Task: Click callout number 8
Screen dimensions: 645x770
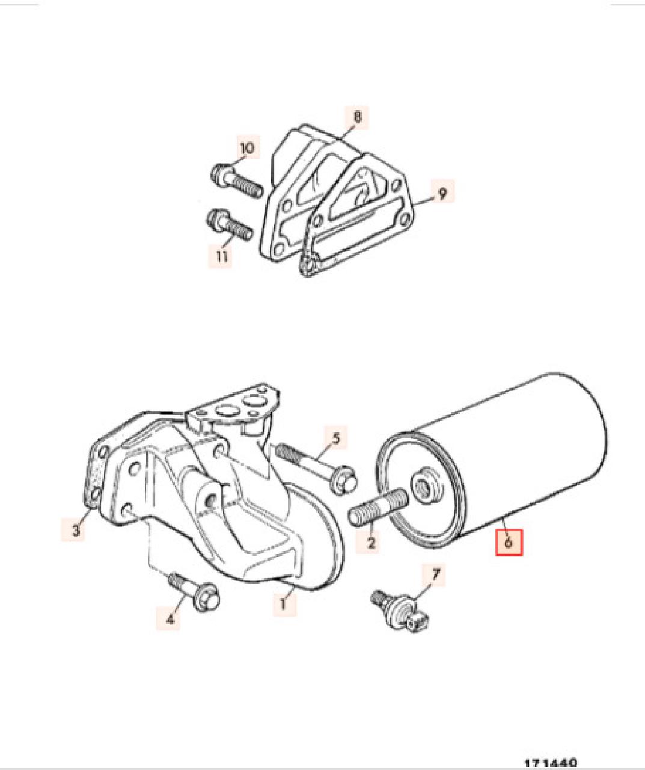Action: point(357,117)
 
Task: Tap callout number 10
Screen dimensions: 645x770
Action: point(246,148)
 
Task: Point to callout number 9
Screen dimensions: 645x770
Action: point(442,192)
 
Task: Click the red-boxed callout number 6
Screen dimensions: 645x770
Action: point(509,543)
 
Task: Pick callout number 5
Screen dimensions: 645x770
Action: point(336,438)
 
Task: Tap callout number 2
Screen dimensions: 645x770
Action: point(370,542)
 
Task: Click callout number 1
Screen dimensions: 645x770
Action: point(283,604)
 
